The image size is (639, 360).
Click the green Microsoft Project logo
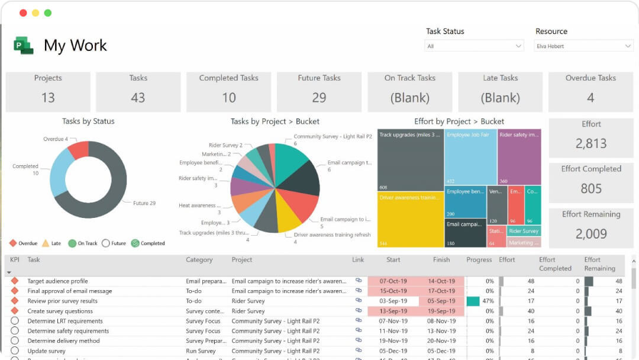pyautogui.click(x=24, y=46)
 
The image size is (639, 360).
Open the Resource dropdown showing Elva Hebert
pyautogui.click(x=584, y=46)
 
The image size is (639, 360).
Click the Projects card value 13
pyautogui.click(x=48, y=98)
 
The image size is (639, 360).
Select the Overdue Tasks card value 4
pyautogui.click(x=590, y=98)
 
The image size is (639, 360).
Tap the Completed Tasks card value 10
pyautogui.click(x=229, y=98)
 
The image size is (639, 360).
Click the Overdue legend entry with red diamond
pyautogui.click(x=24, y=243)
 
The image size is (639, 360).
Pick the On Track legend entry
pyautogui.click(x=83, y=243)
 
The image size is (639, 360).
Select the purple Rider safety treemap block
pyautogui.click(x=519, y=157)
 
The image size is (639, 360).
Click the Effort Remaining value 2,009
pyautogui.click(x=590, y=234)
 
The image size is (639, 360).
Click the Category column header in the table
pyautogui.click(x=199, y=260)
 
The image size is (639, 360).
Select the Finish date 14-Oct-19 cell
pyautogui.click(x=441, y=281)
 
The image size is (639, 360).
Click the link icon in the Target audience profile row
pyautogui.click(x=359, y=281)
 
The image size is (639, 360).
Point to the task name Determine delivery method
pyautogui.click(x=64, y=341)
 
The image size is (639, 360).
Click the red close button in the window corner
pyautogui.click(x=23, y=13)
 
